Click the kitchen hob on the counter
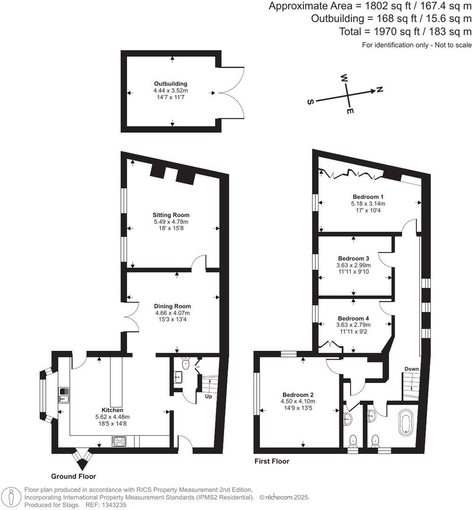pyautogui.click(x=118, y=441)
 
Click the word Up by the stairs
pyautogui.click(x=208, y=396)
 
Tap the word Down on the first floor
pyautogui.click(x=411, y=369)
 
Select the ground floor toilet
pyautogui.click(x=185, y=363)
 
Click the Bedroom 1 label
pyautogui.click(x=368, y=197)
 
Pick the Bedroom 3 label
pyautogui.click(x=354, y=258)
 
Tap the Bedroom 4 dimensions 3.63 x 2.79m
pyautogui.click(x=354, y=325)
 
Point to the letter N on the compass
pyautogui.click(x=379, y=90)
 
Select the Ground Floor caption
pyautogui.click(x=73, y=476)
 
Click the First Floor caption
pyautogui.click(x=271, y=461)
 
